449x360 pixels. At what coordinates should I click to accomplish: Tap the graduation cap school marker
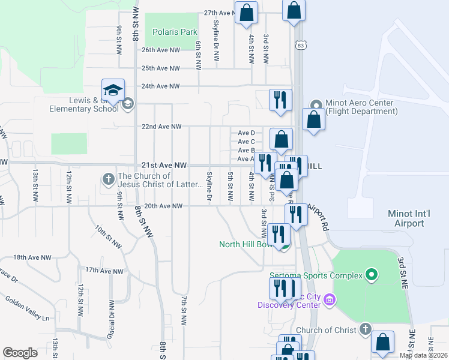click(x=113, y=91)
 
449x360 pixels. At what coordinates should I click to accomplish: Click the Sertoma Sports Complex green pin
click(x=372, y=275)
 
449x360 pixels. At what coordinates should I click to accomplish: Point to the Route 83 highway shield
click(x=300, y=45)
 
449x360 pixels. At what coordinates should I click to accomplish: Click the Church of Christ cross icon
click(x=365, y=329)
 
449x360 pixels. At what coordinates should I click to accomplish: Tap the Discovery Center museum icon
click(x=330, y=299)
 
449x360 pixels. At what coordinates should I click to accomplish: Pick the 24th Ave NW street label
click(x=160, y=86)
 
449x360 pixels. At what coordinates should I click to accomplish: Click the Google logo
click(x=20, y=353)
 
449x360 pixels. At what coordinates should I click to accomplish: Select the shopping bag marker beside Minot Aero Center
click(x=314, y=119)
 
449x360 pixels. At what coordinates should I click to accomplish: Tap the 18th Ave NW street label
click(x=32, y=257)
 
